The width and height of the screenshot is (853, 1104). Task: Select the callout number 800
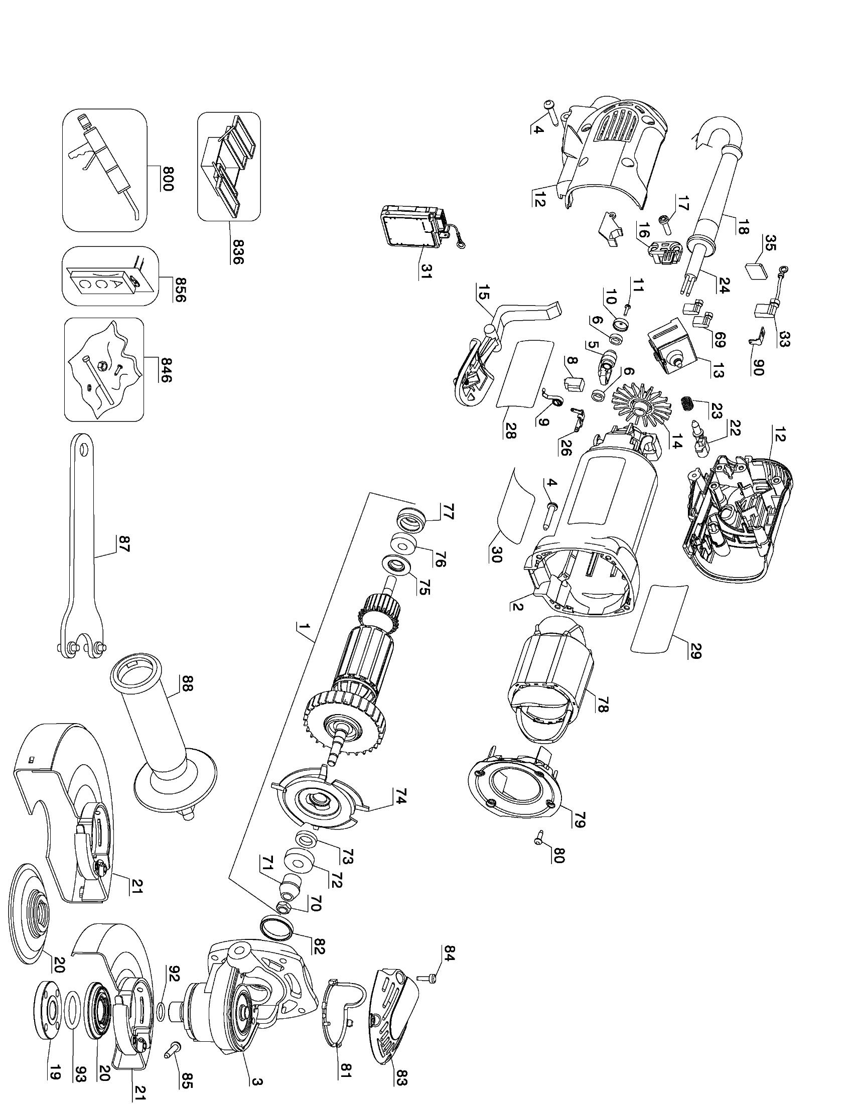[x=166, y=179]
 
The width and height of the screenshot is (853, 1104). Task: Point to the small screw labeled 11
[x=627, y=307]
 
